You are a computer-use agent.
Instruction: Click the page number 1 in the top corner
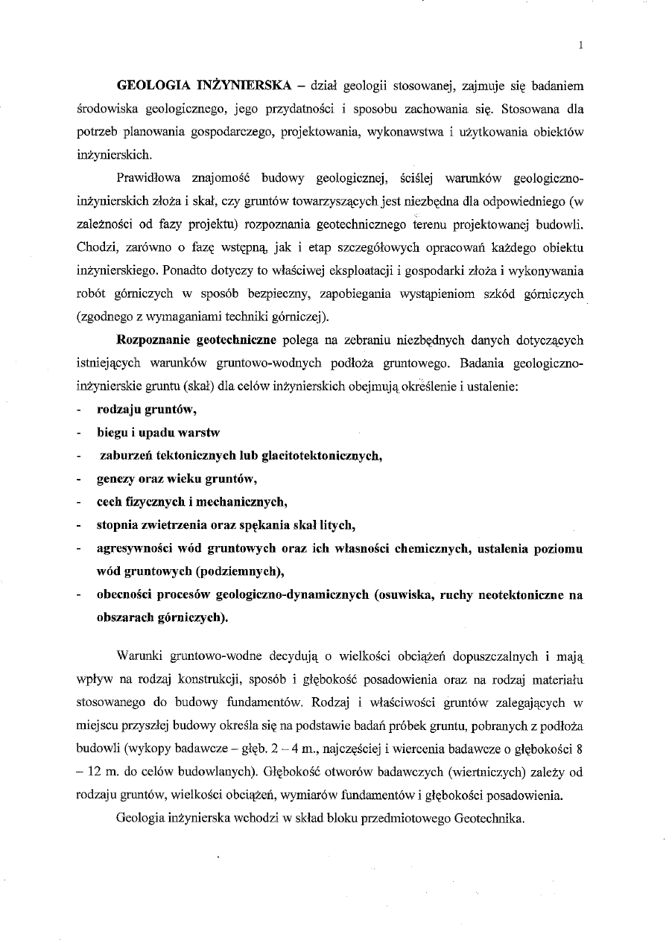(580, 45)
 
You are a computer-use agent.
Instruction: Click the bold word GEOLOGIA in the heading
(149, 87)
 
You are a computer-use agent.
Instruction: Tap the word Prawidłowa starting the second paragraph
(148, 179)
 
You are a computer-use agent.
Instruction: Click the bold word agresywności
(133, 549)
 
